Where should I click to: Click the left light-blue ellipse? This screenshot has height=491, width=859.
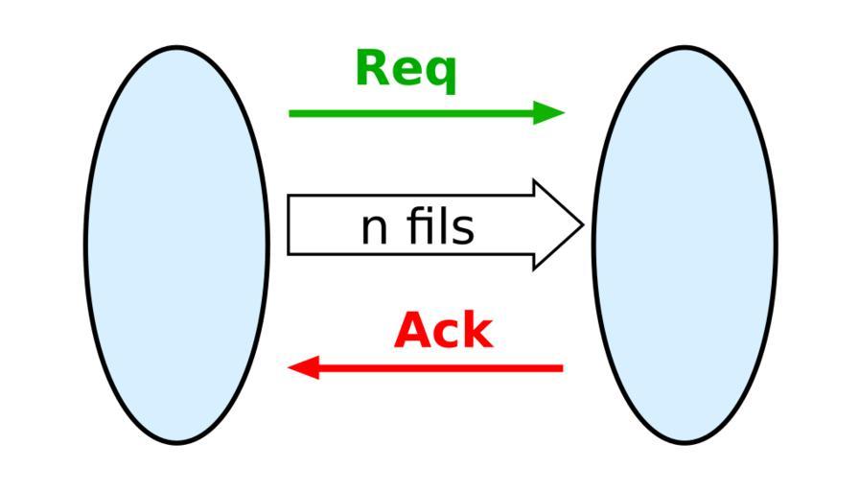176,245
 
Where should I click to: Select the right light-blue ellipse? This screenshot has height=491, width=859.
684,245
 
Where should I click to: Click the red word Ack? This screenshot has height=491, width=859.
443,331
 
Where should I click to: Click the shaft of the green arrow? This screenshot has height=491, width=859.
412,113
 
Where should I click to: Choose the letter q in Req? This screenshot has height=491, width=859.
440,74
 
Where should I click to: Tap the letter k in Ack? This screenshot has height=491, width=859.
476,331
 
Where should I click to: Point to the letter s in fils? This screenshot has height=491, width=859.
463,231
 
